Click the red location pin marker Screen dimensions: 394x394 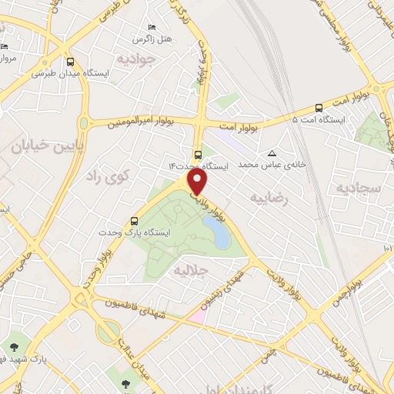[199, 182]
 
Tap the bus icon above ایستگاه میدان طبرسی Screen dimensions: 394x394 [71, 62]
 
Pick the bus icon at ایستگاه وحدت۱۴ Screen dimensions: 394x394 [199, 152]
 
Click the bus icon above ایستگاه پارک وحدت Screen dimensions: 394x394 [136, 219]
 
